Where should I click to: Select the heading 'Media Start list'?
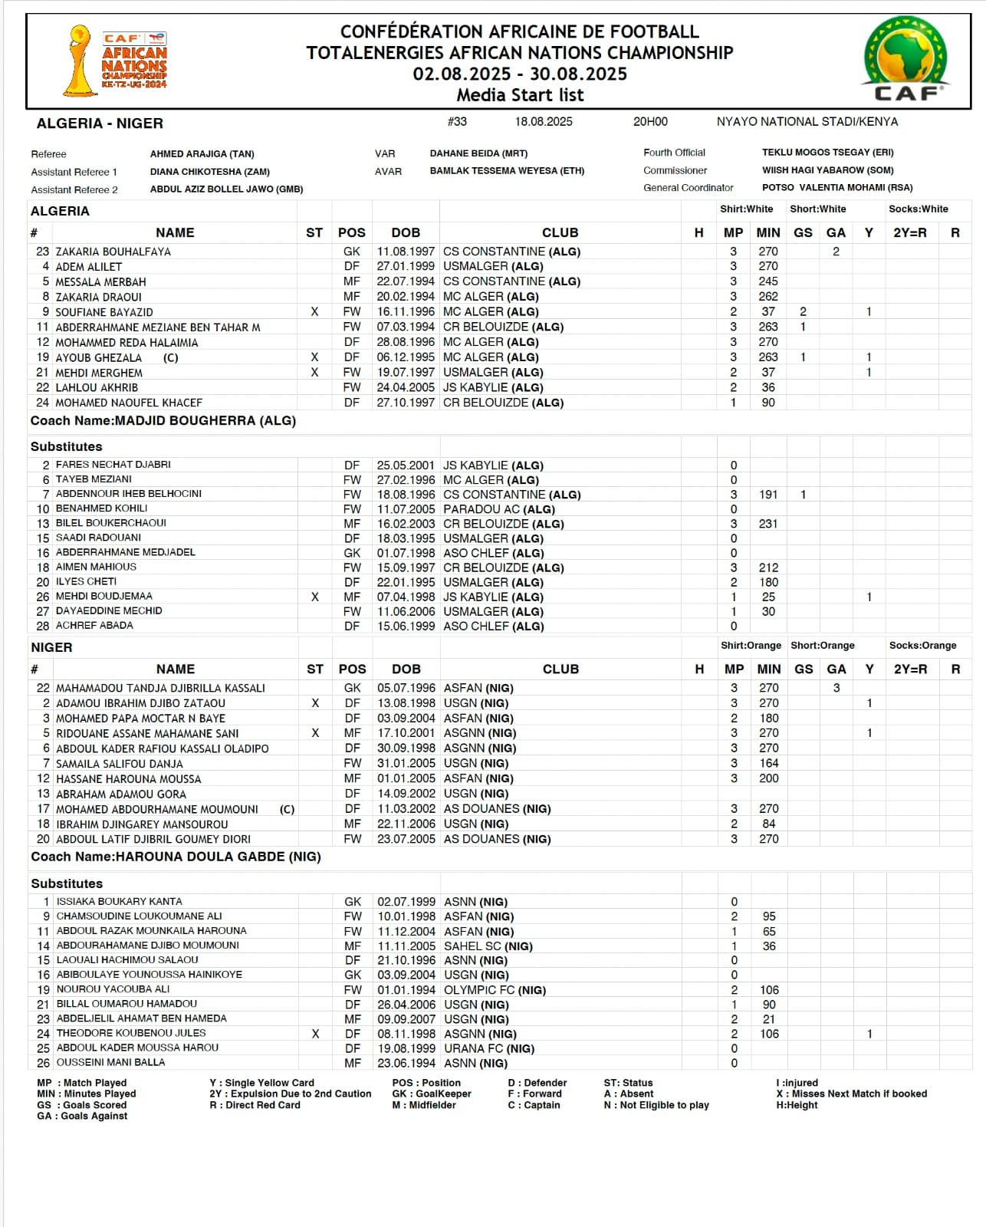520,95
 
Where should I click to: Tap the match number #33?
457,121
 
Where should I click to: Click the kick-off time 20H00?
650,121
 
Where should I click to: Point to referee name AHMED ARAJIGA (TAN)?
202,154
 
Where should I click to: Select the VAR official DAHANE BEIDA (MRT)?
478,153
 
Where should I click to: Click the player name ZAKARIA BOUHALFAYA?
113,252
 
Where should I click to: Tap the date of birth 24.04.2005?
406,387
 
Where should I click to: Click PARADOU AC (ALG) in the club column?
498,509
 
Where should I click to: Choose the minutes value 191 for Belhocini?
768,495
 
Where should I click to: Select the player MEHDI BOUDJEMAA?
104,596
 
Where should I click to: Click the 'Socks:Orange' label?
922,646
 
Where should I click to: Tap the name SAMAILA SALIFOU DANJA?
119,764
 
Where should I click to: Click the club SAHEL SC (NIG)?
488,946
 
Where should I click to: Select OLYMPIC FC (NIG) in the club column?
495,990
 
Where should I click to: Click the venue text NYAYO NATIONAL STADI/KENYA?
807,122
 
